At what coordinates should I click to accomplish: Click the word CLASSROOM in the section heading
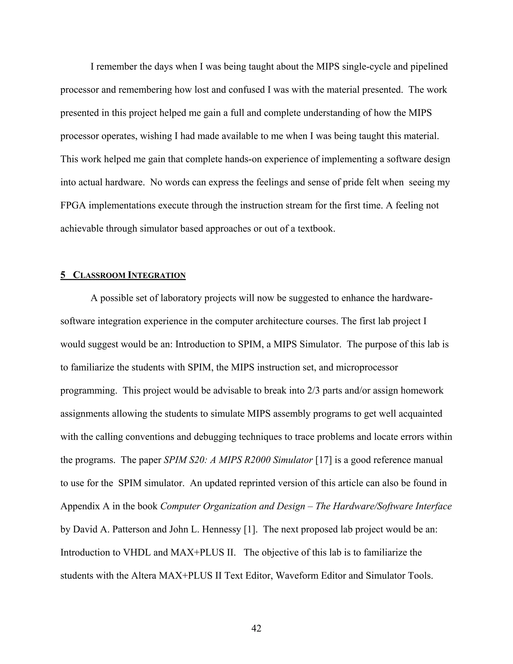(99, 275)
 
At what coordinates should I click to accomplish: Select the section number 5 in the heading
(63, 275)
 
